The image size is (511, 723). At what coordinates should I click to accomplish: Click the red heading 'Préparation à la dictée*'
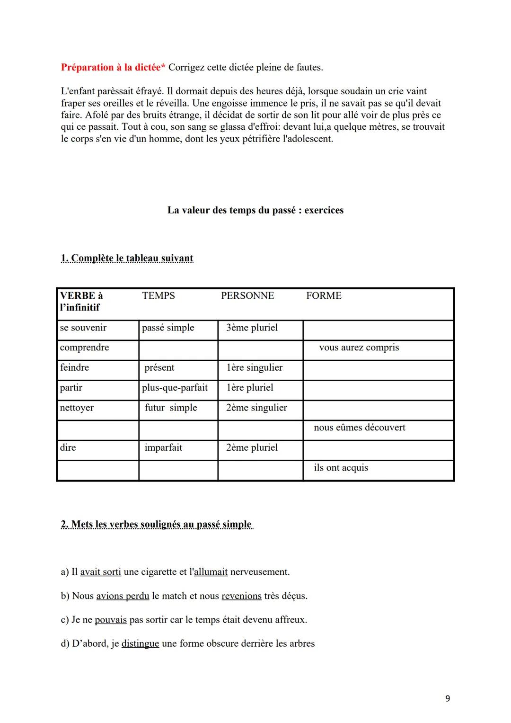pyautogui.click(x=113, y=67)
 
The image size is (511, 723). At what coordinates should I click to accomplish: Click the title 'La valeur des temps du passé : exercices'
pyautogui.click(x=255, y=210)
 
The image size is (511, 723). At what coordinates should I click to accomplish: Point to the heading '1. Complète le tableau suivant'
pyautogui.click(x=127, y=258)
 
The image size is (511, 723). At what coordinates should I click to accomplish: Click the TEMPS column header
pyautogui.click(x=159, y=295)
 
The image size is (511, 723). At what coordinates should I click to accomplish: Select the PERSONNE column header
pyautogui.click(x=247, y=295)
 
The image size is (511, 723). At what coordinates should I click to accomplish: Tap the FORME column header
pyautogui.click(x=324, y=295)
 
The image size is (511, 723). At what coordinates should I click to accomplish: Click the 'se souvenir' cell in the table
pyautogui.click(x=83, y=328)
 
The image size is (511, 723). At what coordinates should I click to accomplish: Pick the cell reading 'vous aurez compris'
pyautogui.click(x=359, y=348)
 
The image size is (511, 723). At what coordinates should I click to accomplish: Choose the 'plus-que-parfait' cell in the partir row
pyautogui.click(x=175, y=387)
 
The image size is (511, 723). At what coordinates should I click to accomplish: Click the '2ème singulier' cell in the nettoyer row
pyautogui.click(x=256, y=408)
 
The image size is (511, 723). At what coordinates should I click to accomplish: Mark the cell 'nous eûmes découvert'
pyautogui.click(x=360, y=428)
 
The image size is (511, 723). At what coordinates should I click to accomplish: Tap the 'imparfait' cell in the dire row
pyautogui.click(x=163, y=447)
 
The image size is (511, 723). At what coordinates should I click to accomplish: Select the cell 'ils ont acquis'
pyautogui.click(x=341, y=468)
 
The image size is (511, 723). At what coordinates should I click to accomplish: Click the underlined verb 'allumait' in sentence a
pyautogui.click(x=211, y=572)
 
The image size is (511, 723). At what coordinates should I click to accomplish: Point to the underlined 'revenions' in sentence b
pyautogui.click(x=241, y=596)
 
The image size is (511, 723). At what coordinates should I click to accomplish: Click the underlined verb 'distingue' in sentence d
pyautogui.click(x=140, y=643)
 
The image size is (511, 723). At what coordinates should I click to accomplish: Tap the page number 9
pyautogui.click(x=448, y=698)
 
